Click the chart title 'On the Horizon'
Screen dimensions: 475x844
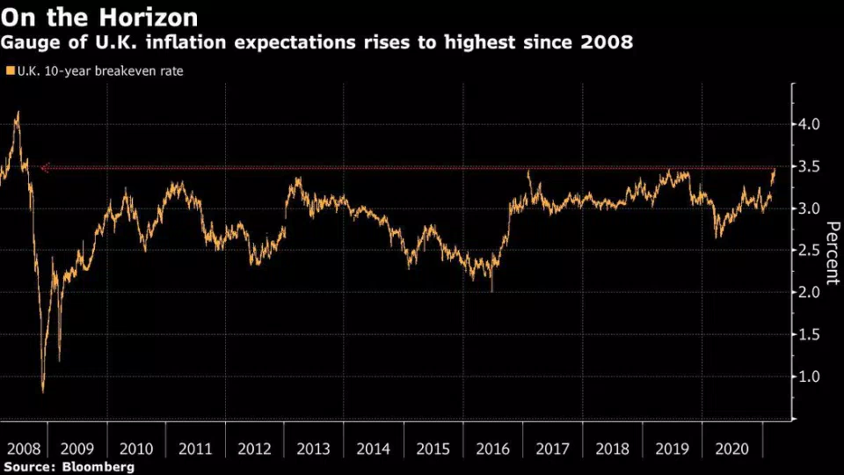[x=99, y=17]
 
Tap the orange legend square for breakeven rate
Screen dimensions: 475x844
[x=9, y=70]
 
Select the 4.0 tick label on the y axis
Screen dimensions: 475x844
[x=809, y=125]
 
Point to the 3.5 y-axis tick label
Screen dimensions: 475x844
[x=809, y=167]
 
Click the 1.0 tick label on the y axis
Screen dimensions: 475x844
[x=809, y=376]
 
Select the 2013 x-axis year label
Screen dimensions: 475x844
[x=314, y=449]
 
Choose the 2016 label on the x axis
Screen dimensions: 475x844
[x=492, y=449]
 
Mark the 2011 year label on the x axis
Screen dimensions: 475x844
[x=195, y=449]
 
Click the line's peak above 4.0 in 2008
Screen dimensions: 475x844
[x=18, y=113]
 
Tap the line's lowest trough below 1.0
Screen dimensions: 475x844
[x=43, y=391]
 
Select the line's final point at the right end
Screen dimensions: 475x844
[x=775, y=167]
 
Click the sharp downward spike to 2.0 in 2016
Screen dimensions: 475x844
[x=491, y=291]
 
